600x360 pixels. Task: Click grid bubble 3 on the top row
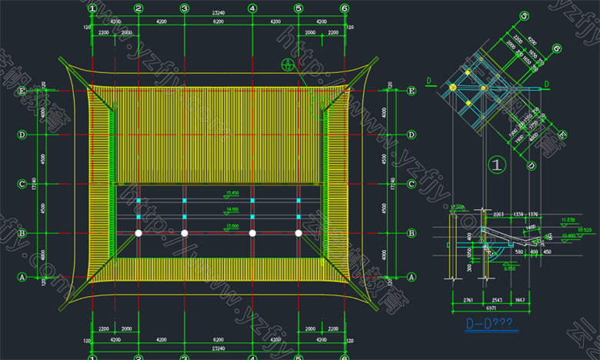[185, 8]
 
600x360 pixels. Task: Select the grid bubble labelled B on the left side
[22, 232]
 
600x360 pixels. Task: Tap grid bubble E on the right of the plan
[412, 91]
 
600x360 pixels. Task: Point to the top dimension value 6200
[218, 22]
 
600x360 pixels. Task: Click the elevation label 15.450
[232, 193]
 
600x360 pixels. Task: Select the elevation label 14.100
[232, 209]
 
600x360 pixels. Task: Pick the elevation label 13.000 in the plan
[232, 226]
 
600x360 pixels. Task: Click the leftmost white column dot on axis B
[138, 232]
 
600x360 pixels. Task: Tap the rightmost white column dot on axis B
[298, 232]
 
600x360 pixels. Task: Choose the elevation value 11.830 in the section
[568, 220]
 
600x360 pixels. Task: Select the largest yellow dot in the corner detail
[453, 88]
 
